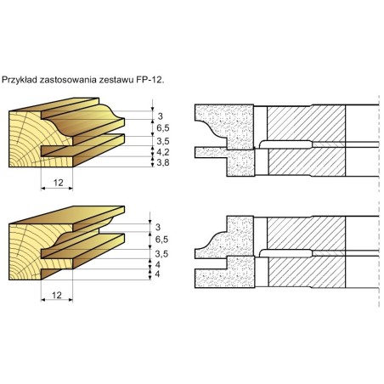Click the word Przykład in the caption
pyautogui.click(x=20, y=80)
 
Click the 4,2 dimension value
pyautogui.click(x=163, y=152)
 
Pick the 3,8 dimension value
pyautogui.click(x=163, y=162)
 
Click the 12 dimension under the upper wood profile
pyautogui.click(x=58, y=183)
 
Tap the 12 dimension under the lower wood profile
pyautogui.click(x=57, y=296)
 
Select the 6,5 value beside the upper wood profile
pyautogui.click(x=163, y=128)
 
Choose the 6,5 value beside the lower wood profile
pyautogui.click(x=161, y=240)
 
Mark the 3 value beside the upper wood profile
pyautogui.click(x=161, y=116)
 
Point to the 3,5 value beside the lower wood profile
pyautogui.click(x=161, y=254)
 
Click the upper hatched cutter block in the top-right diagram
pyautogui.click(x=307, y=123)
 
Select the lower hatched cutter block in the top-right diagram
pyautogui.click(x=307, y=162)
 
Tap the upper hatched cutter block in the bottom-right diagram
pyautogui.click(x=307, y=233)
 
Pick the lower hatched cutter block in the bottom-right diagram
pyautogui.click(x=307, y=272)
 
